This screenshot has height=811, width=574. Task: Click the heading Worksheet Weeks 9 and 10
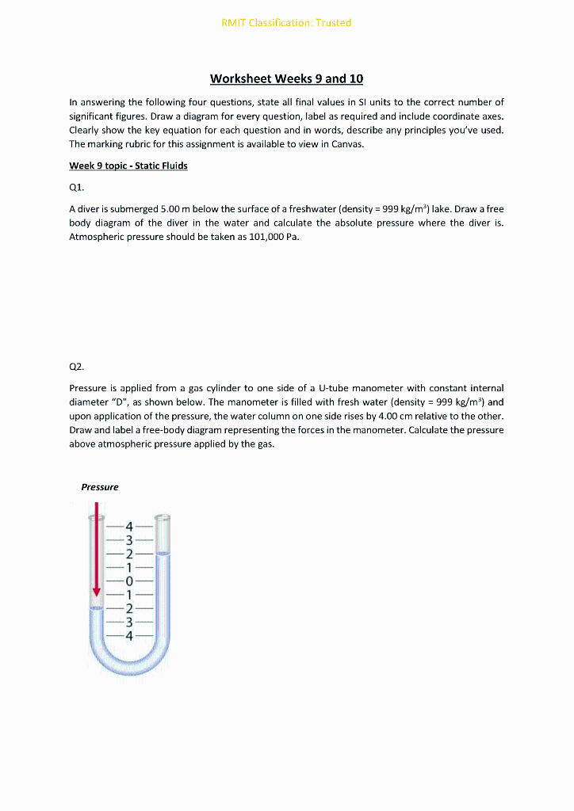[x=286, y=78]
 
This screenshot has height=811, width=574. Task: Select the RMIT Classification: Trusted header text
[x=286, y=22]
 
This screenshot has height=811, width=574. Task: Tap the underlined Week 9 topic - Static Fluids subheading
[x=128, y=166]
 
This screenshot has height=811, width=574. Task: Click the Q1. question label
[x=77, y=188]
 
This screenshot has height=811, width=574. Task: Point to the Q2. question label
[x=77, y=367]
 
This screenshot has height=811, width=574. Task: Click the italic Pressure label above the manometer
[x=100, y=487]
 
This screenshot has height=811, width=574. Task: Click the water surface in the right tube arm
[x=163, y=555]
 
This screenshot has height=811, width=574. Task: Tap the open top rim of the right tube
[x=163, y=516]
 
